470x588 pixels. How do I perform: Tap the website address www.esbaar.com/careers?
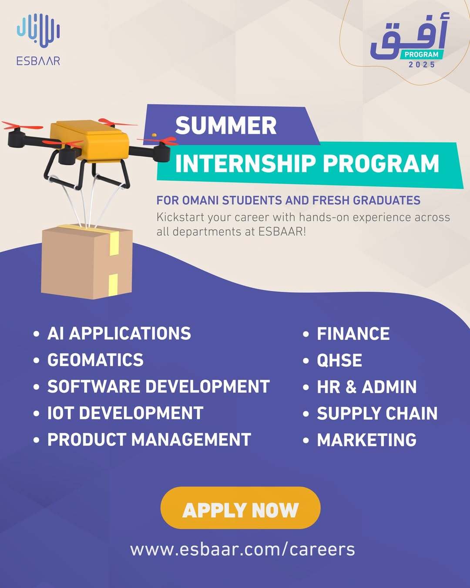[x=242, y=550]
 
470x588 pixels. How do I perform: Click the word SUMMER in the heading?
[x=226, y=126]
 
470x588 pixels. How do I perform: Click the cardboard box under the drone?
[x=87, y=262]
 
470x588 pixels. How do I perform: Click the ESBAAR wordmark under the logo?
[x=38, y=61]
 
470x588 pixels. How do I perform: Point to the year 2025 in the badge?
[x=422, y=64]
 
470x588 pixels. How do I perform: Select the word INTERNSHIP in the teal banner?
[x=245, y=163]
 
